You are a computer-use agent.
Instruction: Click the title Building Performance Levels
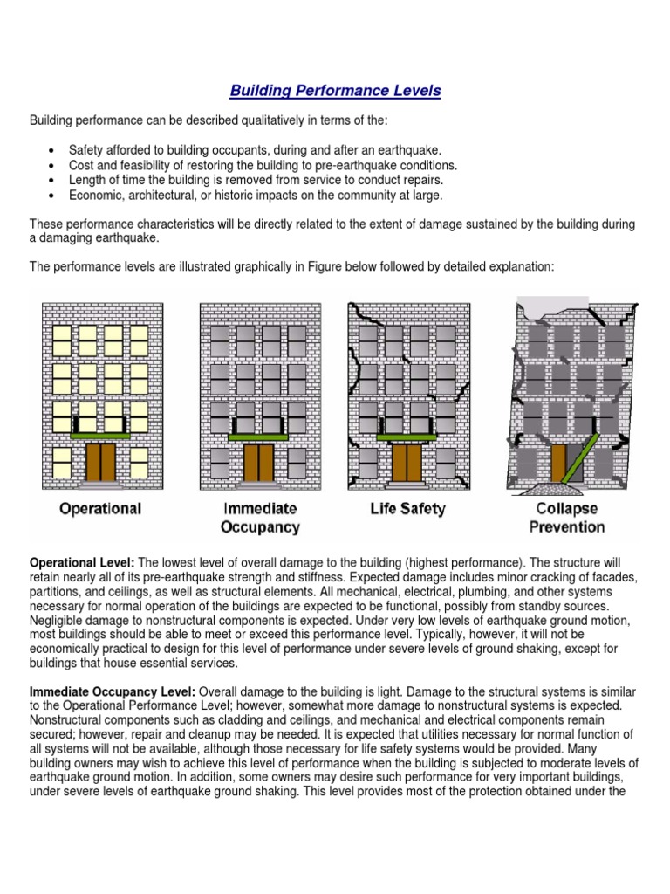click(x=335, y=91)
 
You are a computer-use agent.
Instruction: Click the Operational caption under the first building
click(x=101, y=508)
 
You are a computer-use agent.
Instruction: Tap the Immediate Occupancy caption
click(x=260, y=517)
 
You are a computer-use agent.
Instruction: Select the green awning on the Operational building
click(x=101, y=434)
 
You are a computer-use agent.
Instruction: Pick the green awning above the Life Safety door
click(x=407, y=434)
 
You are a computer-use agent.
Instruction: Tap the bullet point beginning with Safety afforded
click(x=55, y=150)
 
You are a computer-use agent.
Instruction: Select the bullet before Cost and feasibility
click(x=55, y=165)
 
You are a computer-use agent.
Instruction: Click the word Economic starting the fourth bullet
click(x=92, y=195)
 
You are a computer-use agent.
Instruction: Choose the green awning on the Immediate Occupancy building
click(x=259, y=434)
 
